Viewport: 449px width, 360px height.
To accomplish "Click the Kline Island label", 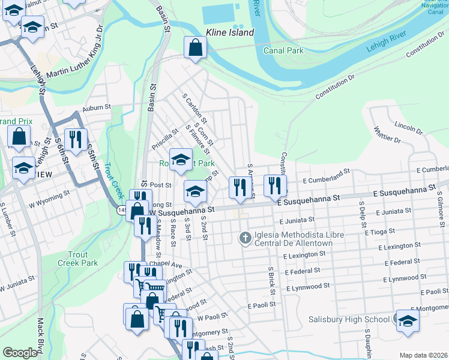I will (x=230, y=32).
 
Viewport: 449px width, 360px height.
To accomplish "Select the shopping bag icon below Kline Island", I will (x=196, y=47).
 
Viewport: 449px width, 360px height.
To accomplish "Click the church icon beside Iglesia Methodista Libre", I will (x=245, y=239).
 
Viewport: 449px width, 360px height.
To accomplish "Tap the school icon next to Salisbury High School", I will (x=408, y=320).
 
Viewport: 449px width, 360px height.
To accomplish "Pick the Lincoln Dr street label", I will (x=409, y=127).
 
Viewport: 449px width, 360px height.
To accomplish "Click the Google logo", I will (x=20, y=353).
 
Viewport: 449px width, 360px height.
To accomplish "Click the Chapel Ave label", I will (x=166, y=264).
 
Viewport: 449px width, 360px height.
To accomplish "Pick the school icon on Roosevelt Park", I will (x=180, y=159).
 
